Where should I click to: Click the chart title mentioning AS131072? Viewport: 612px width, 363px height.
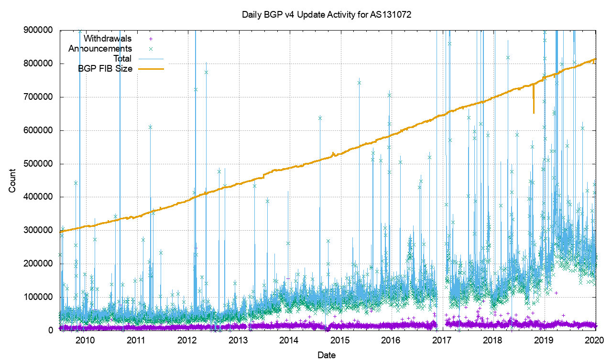(327, 15)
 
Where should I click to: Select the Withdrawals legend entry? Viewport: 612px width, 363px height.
(108, 38)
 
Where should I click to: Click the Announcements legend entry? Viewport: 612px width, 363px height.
(100, 48)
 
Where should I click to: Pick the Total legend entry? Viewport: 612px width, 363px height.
(122, 59)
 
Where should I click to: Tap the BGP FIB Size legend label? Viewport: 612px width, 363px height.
(105, 69)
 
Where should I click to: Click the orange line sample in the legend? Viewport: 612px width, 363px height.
(151, 69)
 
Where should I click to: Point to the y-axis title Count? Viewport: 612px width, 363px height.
(12, 181)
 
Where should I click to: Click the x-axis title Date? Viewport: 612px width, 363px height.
(327, 355)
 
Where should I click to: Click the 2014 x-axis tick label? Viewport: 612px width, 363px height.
(289, 340)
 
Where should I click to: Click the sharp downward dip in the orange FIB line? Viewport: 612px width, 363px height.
(534, 107)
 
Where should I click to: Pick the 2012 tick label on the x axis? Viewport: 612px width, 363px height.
(187, 340)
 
